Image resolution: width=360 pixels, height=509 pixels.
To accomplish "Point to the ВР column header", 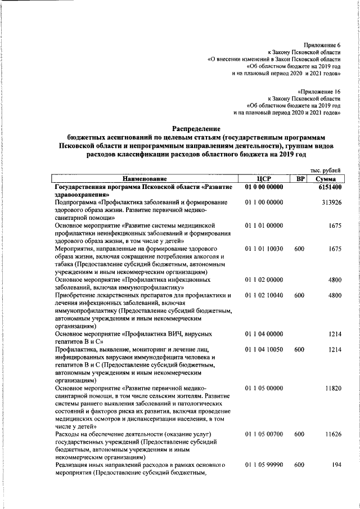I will (300, 179).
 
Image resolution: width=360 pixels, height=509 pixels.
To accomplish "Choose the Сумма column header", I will (326, 179).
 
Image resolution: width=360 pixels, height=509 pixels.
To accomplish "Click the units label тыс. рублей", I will (326, 170).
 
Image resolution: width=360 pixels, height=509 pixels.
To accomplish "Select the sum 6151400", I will (326, 187).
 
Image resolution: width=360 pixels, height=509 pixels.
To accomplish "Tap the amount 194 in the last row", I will (336, 465).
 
